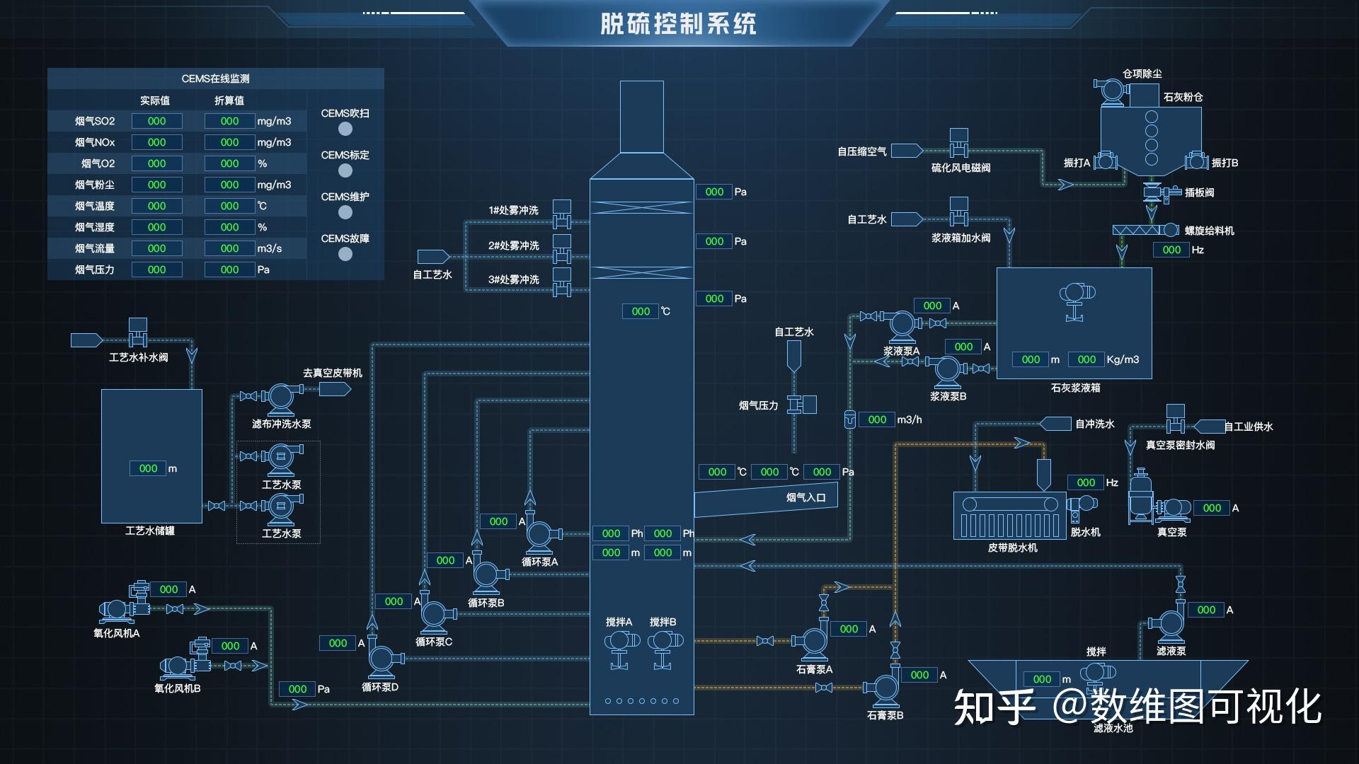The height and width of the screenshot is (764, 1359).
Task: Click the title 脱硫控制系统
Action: click(x=678, y=23)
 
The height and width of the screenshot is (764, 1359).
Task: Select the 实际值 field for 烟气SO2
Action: click(x=156, y=121)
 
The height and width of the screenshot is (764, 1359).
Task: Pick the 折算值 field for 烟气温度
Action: click(x=229, y=206)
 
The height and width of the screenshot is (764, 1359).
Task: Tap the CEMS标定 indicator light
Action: click(x=345, y=170)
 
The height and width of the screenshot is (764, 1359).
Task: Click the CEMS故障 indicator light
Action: click(x=345, y=254)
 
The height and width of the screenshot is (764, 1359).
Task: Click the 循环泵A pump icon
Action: click(x=543, y=535)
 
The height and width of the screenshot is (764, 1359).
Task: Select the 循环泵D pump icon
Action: click(x=384, y=660)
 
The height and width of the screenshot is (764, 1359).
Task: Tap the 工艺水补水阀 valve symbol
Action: click(x=137, y=332)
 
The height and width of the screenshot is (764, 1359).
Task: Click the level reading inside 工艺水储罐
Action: click(x=148, y=468)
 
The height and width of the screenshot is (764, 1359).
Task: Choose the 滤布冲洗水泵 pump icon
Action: click(x=282, y=399)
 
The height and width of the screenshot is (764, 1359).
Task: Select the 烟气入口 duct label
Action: click(x=805, y=497)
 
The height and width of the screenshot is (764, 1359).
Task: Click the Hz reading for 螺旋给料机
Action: click(x=1171, y=250)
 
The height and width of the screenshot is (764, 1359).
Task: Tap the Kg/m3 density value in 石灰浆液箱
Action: click(x=1086, y=359)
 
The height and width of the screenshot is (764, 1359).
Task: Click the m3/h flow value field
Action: click(x=877, y=419)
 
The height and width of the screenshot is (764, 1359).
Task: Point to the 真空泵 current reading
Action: click(x=1212, y=508)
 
